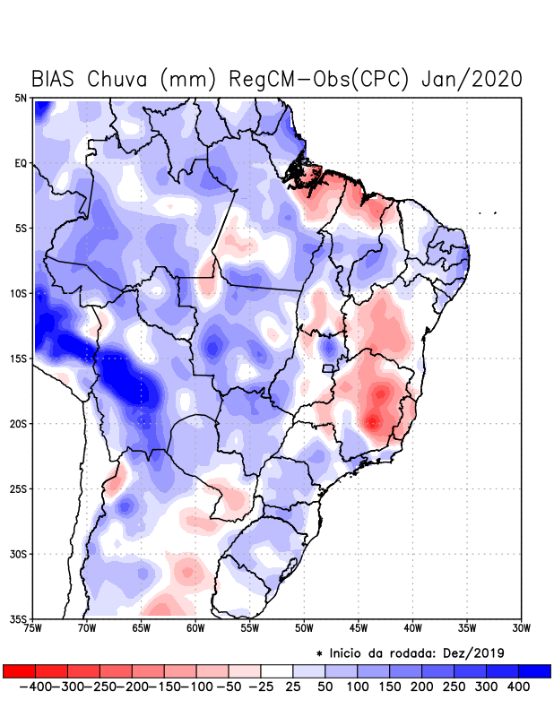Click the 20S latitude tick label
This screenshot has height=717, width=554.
[x=19, y=424]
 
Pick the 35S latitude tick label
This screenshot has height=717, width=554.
[x=19, y=619]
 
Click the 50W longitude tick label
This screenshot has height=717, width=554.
[x=305, y=628]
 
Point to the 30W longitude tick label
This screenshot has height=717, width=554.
[x=522, y=628]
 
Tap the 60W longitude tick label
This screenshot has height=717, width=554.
[x=196, y=628]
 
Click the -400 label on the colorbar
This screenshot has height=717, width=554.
[x=34, y=687]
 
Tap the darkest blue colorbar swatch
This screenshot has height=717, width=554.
[x=535, y=671]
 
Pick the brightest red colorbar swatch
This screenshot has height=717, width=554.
[x=19, y=671]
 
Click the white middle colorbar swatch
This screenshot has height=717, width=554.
[x=277, y=671]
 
